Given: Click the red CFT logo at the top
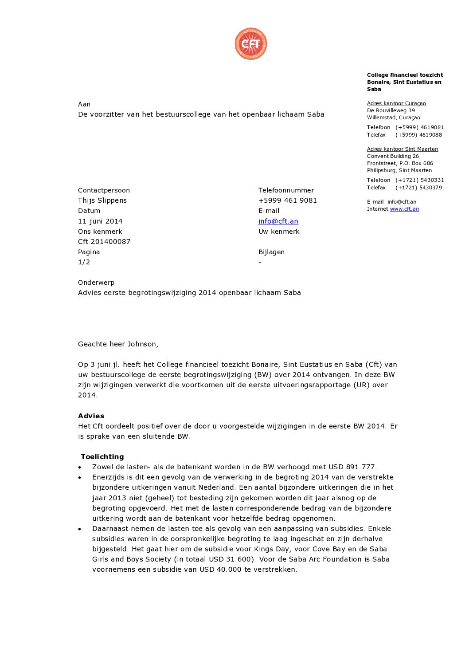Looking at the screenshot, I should point(251,43).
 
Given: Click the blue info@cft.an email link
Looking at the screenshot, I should point(278,221).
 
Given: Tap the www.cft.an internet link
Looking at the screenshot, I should point(404,209).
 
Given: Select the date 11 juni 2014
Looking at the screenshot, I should point(100,221).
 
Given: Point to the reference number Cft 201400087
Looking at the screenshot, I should point(104,241).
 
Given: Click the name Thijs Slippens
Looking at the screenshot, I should point(102,200).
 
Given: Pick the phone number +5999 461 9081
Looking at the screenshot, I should point(288,200).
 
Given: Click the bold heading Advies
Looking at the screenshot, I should point(91,416).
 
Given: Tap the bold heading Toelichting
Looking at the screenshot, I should point(102,456).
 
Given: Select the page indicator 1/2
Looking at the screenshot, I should point(84,262).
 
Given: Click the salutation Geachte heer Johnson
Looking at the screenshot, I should point(118,344).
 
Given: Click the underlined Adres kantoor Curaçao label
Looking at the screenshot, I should point(396,103).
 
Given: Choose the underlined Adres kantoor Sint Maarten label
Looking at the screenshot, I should point(402,149).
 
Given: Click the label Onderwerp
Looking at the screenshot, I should point(96,282).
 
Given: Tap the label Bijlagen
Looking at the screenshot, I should point(271,251).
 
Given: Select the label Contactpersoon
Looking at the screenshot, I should point(104,190).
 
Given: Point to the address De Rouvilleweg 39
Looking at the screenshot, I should point(391,110).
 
